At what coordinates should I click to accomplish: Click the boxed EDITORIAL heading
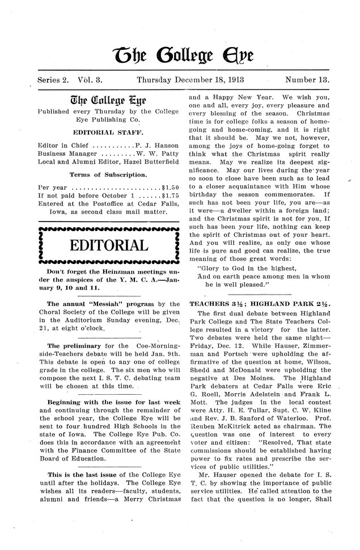(107, 245)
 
